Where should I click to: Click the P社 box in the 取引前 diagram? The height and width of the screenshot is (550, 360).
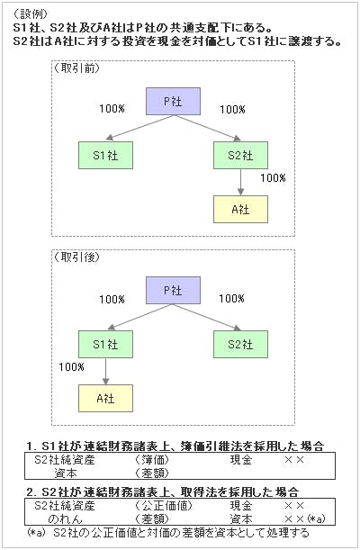pyautogui.click(x=173, y=102)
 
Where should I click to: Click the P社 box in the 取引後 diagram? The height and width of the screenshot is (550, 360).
pyautogui.click(x=173, y=291)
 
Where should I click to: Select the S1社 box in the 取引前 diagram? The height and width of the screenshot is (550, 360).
pyautogui.click(x=105, y=156)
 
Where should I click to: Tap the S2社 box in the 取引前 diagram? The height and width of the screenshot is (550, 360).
pyautogui.click(x=240, y=156)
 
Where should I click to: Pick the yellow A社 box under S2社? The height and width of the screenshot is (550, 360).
pyautogui.click(x=240, y=210)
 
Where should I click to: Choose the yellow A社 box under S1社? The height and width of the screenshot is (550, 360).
pyautogui.click(x=105, y=399)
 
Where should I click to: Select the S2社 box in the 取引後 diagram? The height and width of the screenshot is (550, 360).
pyautogui.click(x=240, y=345)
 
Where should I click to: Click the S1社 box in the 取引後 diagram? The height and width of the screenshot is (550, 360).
pyautogui.click(x=105, y=345)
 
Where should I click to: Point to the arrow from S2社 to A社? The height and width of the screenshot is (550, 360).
pyautogui.click(x=240, y=182)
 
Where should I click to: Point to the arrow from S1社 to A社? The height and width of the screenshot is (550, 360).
pyautogui.click(x=105, y=371)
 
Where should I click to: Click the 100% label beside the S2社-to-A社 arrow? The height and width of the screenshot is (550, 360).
pyautogui.click(x=273, y=178)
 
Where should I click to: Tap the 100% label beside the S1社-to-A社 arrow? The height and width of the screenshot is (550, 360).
pyautogui.click(x=71, y=367)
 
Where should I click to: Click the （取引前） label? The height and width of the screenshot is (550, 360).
pyautogui.click(x=76, y=68)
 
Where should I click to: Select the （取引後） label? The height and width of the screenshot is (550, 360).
pyautogui.click(x=76, y=257)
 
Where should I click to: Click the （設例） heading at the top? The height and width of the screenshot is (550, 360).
pyautogui.click(x=31, y=14)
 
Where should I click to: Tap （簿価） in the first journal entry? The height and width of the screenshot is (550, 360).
pyautogui.click(x=152, y=459)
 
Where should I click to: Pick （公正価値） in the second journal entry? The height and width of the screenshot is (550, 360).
pyautogui.click(x=164, y=506)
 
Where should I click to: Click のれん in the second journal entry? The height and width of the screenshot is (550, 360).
pyautogui.click(x=65, y=518)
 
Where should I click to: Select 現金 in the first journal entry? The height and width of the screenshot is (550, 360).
pyautogui.click(x=241, y=459)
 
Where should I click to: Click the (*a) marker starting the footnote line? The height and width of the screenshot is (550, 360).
pyautogui.click(x=37, y=532)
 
